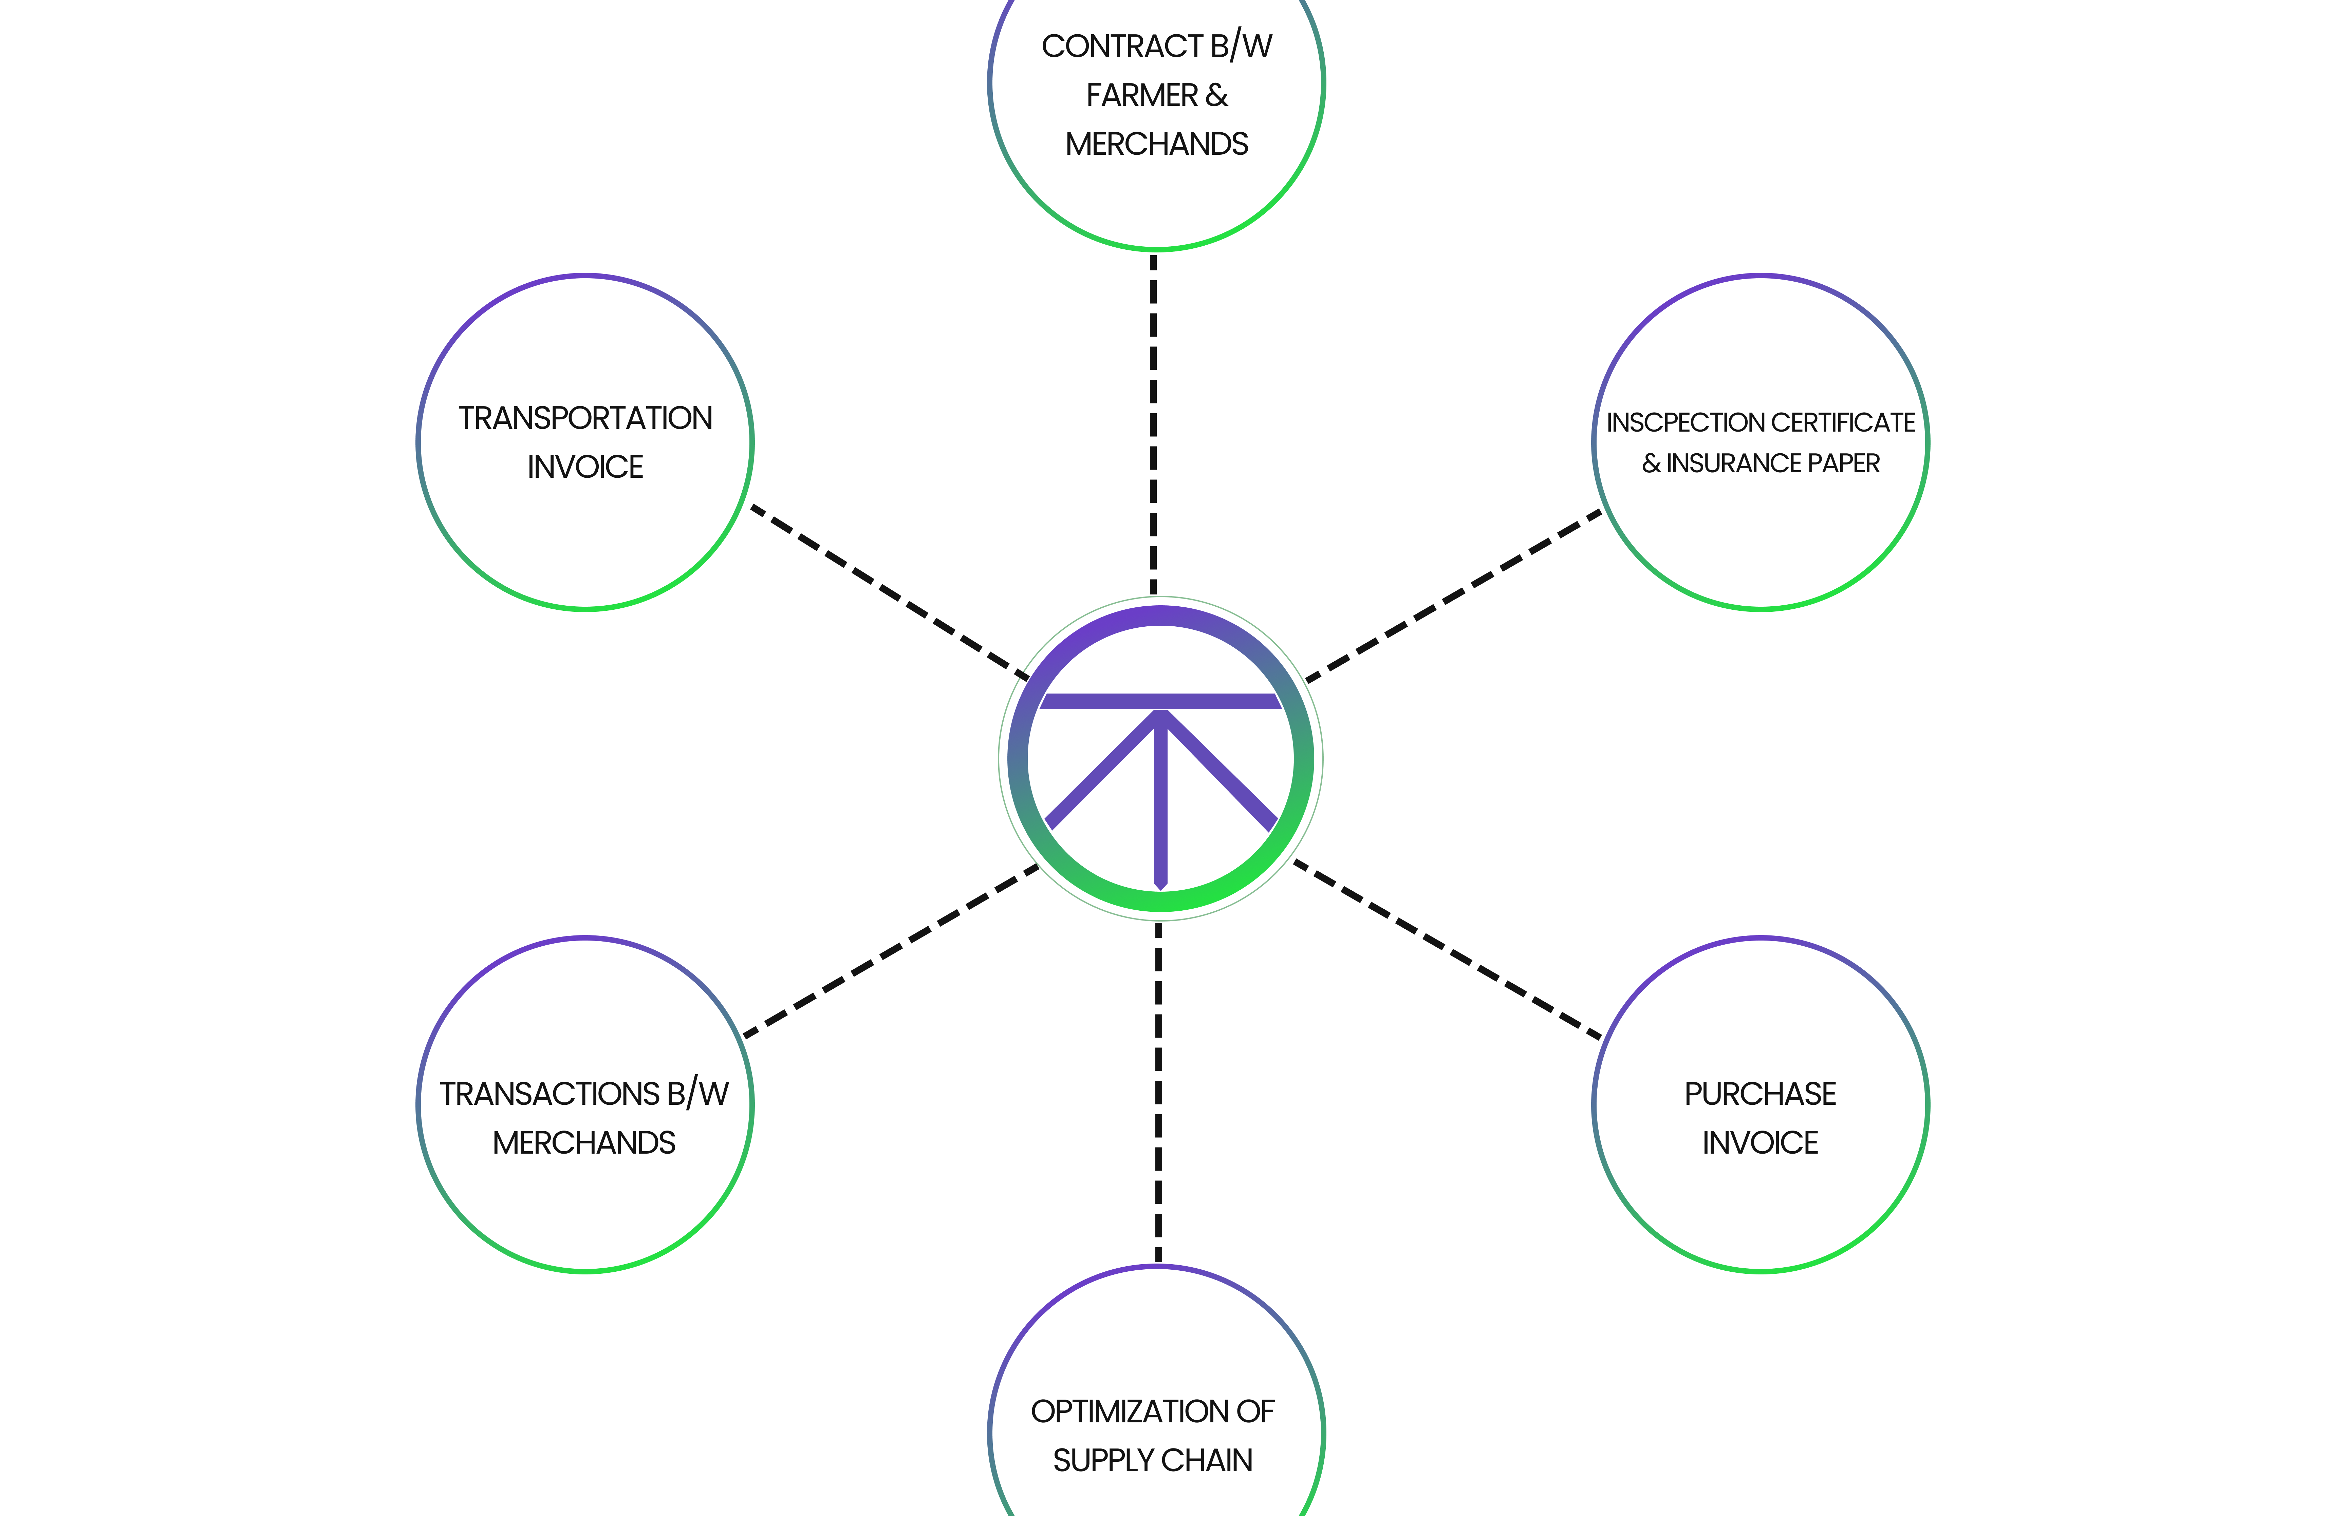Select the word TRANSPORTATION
pyautogui.click(x=585, y=418)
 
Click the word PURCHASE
pyautogui.click(x=1759, y=1094)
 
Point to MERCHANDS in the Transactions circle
pyautogui.click(x=584, y=1143)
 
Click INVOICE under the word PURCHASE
pyautogui.click(x=1759, y=1143)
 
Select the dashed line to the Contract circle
pyautogui.click(x=1153, y=423)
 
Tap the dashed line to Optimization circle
pyautogui.click(x=1158, y=1093)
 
